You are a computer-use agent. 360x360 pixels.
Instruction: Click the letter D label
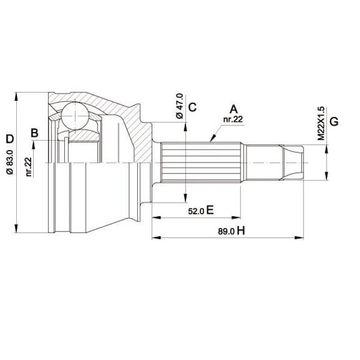pos(9,139)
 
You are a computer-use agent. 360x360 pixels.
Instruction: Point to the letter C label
pos(192,108)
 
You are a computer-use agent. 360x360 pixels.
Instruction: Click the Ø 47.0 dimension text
pos(178,107)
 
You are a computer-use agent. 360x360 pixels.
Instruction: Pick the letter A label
pos(233,109)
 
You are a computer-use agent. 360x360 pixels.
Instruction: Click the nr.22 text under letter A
pos(232,120)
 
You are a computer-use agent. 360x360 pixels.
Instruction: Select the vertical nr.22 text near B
pos(29,166)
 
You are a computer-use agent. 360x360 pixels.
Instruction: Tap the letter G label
pos(334,122)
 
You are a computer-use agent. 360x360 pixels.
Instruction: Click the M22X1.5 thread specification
pos(321,123)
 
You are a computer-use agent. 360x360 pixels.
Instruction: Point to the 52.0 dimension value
pos(196,211)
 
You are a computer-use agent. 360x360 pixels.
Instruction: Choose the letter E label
pos(211,210)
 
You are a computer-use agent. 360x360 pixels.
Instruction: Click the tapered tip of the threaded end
pos(296,163)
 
